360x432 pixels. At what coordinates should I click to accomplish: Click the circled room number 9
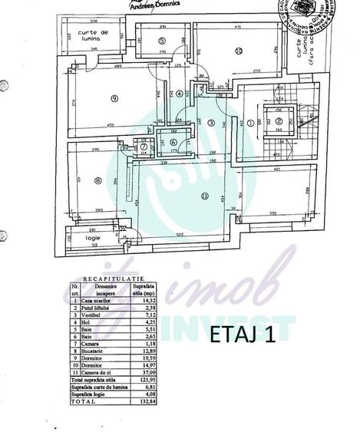(114, 98)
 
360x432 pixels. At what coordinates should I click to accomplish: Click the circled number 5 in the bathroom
(162, 41)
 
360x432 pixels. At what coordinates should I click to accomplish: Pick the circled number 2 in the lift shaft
(279, 120)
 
